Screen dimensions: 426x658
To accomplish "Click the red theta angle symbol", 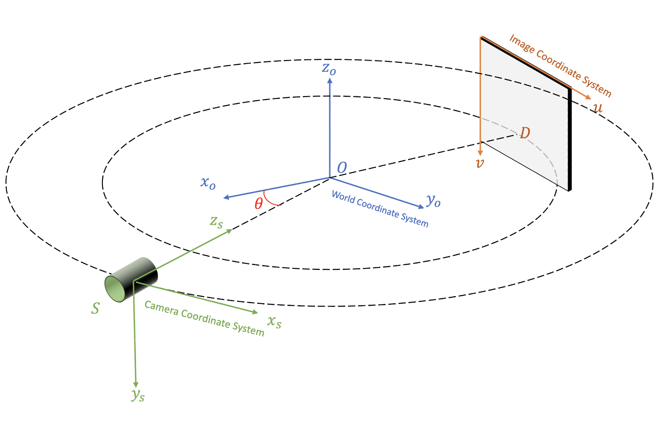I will click(x=259, y=203).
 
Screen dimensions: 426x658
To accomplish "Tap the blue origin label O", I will click(x=342, y=168).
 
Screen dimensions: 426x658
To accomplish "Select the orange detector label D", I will click(x=525, y=133).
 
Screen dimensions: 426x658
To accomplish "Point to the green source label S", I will click(x=95, y=308).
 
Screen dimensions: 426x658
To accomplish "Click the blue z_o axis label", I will click(x=329, y=69).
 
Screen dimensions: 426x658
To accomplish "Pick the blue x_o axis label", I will click(x=208, y=183).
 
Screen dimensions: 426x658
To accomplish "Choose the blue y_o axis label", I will click(x=433, y=201).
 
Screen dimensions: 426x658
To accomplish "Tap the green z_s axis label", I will click(x=216, y=222).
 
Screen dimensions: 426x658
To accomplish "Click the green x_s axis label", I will click(x=274, y=322).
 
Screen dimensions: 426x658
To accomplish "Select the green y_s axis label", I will click(x=138, y=395).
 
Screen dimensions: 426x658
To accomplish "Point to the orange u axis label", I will click(x=598, y=108).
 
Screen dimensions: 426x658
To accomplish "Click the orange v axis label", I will click(x=480, y=163).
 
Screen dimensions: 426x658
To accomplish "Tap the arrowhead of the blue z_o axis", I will click(x=330, y=81).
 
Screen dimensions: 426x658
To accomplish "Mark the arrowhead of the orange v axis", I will click(x=480, y=153).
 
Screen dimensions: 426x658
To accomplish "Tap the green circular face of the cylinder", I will click(x=115, y=289).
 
